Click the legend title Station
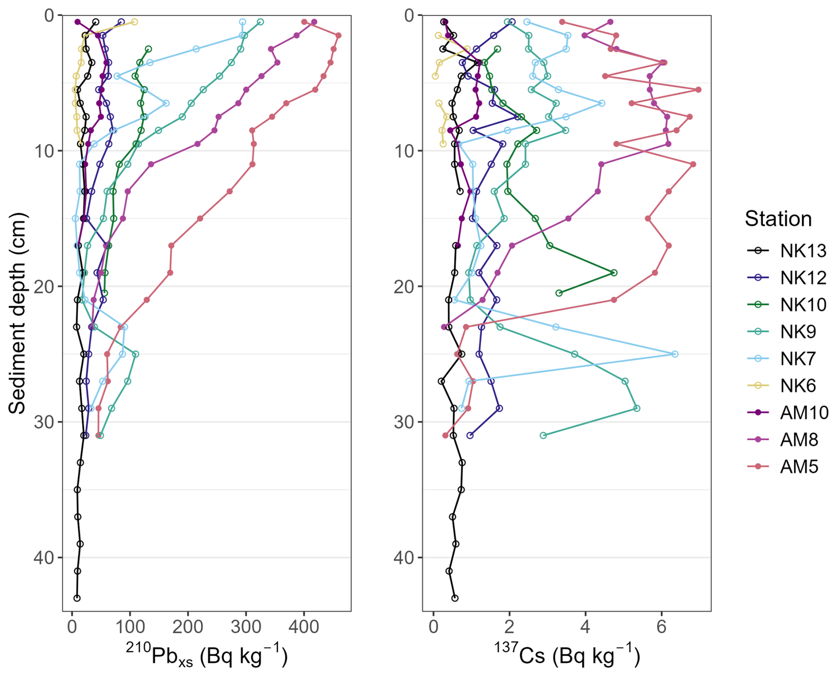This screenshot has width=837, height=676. (778, 219)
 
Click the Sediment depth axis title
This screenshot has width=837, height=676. (18, 313)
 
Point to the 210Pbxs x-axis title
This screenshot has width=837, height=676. (207, 655)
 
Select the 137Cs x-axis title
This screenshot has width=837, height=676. (567, 655)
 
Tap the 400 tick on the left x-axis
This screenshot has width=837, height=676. (304, 627)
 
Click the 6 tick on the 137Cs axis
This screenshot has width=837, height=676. (661, 627)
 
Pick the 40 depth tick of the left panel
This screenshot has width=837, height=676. (43, 558)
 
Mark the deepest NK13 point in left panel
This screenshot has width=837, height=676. (77, 598)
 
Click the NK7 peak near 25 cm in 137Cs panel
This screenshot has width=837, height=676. (675, 354)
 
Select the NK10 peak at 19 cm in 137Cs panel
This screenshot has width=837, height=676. (614, 273)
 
